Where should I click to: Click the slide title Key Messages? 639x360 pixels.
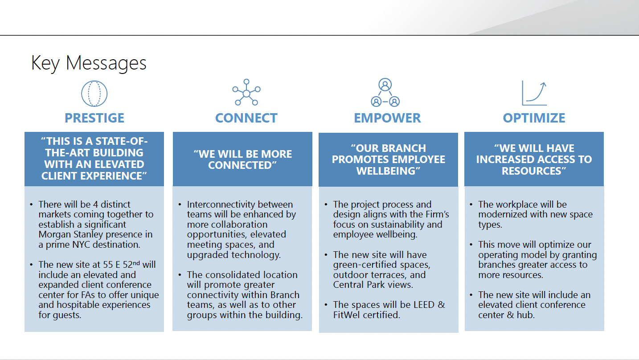coord(89,63)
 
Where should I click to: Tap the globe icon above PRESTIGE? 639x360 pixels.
coord(94,94)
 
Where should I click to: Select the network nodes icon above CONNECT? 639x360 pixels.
coord(246,93)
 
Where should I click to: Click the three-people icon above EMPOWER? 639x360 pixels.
coord(385,93)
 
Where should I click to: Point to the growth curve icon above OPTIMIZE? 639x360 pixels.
coord(534,93)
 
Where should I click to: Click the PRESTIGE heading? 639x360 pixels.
coord(94,118)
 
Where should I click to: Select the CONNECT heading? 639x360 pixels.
coord(246,118)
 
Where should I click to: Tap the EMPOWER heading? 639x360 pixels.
coord(387,118)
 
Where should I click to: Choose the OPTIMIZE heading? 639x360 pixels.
coord(534,118)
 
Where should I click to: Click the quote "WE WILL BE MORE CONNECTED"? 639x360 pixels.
coord(242,160)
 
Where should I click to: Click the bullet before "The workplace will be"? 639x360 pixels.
coord(471,205)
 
